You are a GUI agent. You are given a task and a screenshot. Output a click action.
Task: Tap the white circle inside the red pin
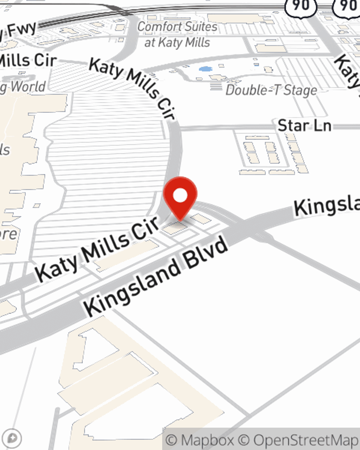coord(180,195)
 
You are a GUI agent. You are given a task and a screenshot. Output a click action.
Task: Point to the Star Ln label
coord(304,126)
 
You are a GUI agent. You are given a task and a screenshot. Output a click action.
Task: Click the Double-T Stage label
coord(271,90)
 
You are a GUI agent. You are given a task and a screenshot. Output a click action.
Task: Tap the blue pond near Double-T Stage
coord(205,69)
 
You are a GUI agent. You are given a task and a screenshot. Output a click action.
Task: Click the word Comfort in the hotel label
coord(158,27)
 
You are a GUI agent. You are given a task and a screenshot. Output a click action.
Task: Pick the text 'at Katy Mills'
coord(177,42)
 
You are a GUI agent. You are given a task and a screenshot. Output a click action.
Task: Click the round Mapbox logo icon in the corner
coord(13,438)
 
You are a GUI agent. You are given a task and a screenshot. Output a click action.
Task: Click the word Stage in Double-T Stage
coord(300,90)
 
